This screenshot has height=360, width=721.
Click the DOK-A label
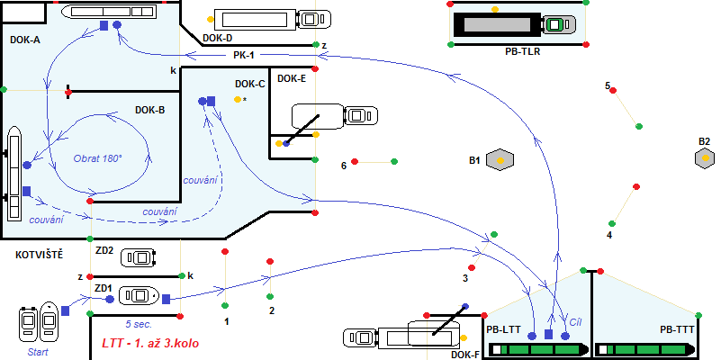(24, 40)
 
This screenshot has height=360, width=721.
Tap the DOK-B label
(149, 110)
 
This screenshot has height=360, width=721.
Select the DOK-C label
(249, 85)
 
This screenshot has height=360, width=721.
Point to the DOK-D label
(218, 38)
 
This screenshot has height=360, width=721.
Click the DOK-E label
(292, 78)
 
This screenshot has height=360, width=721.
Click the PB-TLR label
(523, 52)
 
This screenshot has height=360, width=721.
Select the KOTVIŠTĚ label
(39, 255)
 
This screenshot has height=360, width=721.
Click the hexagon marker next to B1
(500, 160)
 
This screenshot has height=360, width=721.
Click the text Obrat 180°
(97, 157)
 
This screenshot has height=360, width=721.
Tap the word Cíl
(576, 320)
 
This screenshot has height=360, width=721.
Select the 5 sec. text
(141, 322)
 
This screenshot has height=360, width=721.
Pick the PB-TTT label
(676, 329)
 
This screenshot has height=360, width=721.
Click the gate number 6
(344, 166)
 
